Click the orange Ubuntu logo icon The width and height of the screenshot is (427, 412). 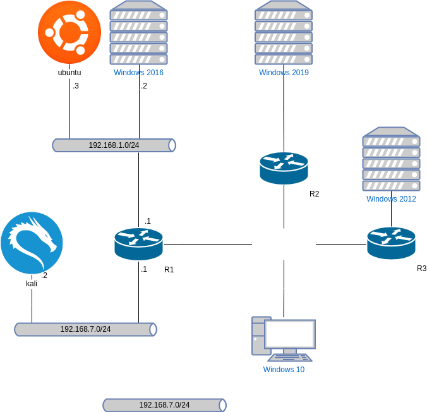point(69,32)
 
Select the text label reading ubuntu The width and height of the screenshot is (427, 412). point(69,73)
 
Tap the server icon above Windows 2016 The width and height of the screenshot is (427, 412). point(138,33)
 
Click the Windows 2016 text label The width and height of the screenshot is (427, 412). point(138,73)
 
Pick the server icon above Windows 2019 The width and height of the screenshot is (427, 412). point(284,33)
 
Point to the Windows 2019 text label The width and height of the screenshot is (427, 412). point(284,73)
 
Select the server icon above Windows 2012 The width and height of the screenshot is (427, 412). point(391,159)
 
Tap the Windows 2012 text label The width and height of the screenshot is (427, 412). point(391,199)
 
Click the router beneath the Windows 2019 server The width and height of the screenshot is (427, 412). point(284,168)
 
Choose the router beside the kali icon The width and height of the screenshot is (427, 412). point(138,244)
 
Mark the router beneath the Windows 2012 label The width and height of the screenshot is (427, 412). point(391,243)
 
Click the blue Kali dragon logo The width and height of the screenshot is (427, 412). point(32,243)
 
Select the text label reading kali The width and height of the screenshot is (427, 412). point(32,284)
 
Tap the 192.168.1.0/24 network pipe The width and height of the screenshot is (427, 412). point(114,145)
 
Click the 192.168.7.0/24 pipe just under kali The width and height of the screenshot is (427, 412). point(85,329)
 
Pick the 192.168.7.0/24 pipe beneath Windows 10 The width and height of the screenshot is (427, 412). point(164,405)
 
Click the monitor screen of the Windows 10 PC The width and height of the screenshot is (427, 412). point(290,334)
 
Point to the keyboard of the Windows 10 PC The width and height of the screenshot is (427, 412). point(290,357)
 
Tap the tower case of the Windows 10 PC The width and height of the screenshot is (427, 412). point(258,335)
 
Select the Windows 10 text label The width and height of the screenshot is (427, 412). point(284,370)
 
